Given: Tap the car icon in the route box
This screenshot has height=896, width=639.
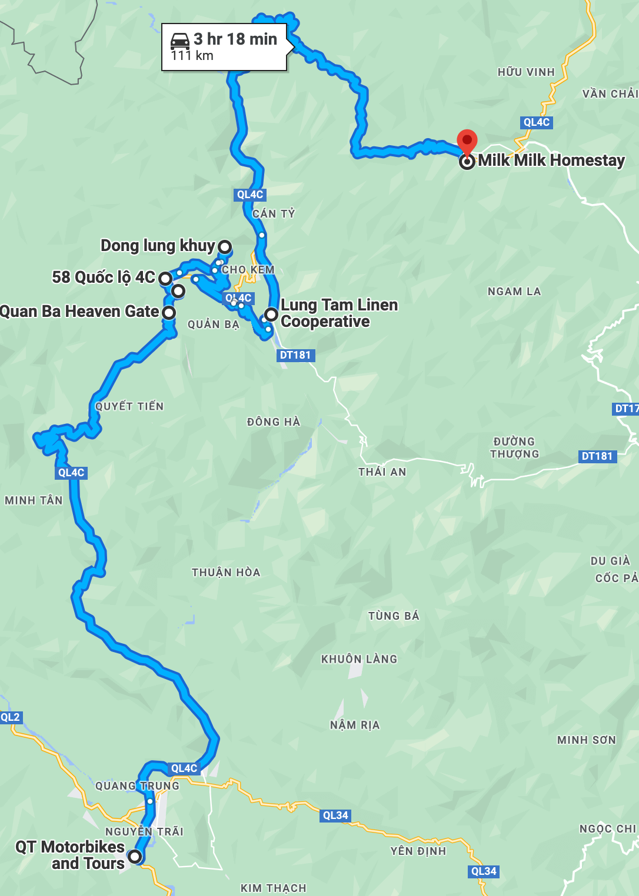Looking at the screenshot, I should click(x=180, y=41).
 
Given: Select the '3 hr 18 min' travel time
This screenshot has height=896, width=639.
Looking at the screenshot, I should click(x=235, y=39).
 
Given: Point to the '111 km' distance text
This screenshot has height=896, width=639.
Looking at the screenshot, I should click(x=192, y=56).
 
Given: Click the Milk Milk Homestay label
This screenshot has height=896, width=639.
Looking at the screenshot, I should click(x=551, y=161).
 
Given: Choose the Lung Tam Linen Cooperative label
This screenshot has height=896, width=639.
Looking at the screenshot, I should click(x=339, y=313).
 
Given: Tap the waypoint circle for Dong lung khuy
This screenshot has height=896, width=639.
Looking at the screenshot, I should click(x=225, y=246).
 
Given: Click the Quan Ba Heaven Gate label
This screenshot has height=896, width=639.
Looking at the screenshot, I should click(x=79, y=312).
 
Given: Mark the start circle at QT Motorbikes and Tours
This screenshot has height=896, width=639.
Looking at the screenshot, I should click(x=135, y=857).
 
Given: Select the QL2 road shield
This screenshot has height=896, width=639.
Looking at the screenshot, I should click(x=11, y=717).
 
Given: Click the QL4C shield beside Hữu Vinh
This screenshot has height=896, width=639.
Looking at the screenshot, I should click(x=537, y=122).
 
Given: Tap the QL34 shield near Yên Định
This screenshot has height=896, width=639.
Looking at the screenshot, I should click(x=484, y=871).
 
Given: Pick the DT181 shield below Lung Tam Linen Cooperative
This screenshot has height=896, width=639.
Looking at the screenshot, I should click(x=295, y=355).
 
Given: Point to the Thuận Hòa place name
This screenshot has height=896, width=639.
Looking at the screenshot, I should click(x=226, y=573).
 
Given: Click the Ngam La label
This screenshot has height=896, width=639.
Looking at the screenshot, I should click(x=514, y=292).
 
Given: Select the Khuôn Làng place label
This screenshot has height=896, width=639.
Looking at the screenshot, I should click(x=359, y=660).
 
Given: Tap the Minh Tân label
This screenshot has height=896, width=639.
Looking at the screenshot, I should click(x=34, y=501).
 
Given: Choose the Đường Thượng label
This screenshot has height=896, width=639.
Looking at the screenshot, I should click(x=515, y=448).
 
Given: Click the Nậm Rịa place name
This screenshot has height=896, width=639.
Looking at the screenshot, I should click(x=355, y=726).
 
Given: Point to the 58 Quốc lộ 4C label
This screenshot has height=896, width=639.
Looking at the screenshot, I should click(x=104, y=278).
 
